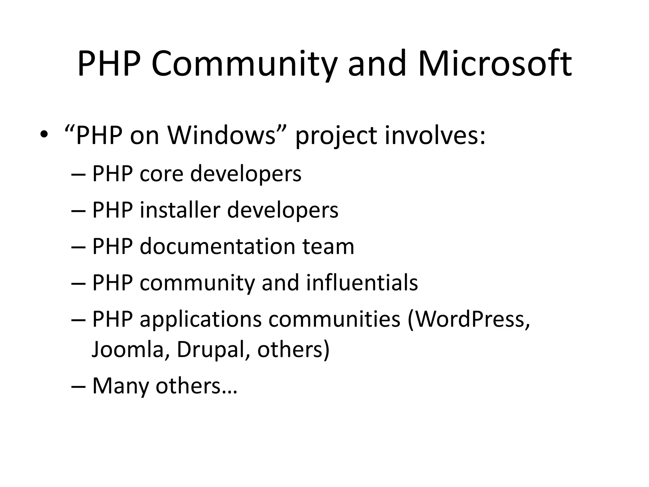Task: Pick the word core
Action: (x=161, y=174)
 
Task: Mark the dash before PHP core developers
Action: (x=79, y=174)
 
